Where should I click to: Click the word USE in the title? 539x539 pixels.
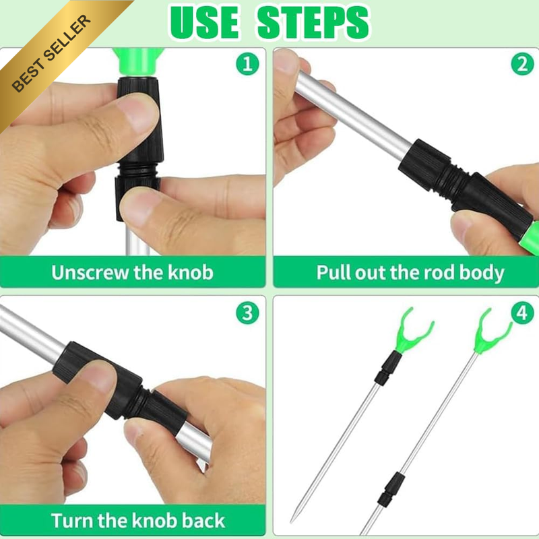[x=204, y=23]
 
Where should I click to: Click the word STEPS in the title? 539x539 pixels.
[x=313, y=23]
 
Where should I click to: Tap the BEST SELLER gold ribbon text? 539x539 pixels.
[x=51, y=54]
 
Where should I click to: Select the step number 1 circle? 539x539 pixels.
[x=247, y=64]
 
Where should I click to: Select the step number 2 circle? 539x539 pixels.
[x=523, y=64]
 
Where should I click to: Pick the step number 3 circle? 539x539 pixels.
[x=247, y=313]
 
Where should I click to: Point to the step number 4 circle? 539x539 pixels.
[x=523, y=313]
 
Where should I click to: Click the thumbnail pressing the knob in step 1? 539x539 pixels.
[x=137, y=113]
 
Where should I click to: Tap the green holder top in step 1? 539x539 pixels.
[x=138, y=62]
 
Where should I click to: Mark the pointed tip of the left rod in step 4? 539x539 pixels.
[x=292, y=521]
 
